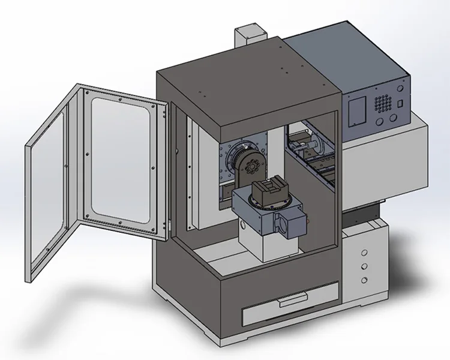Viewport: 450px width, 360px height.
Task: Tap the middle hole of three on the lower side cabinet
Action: [x=364, y=266]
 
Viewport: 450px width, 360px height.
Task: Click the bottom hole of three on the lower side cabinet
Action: [x=364, y=280]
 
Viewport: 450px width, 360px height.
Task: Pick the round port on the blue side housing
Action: [x=280, y=223]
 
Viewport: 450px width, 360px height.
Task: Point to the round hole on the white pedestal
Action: [x=242, y=224]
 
